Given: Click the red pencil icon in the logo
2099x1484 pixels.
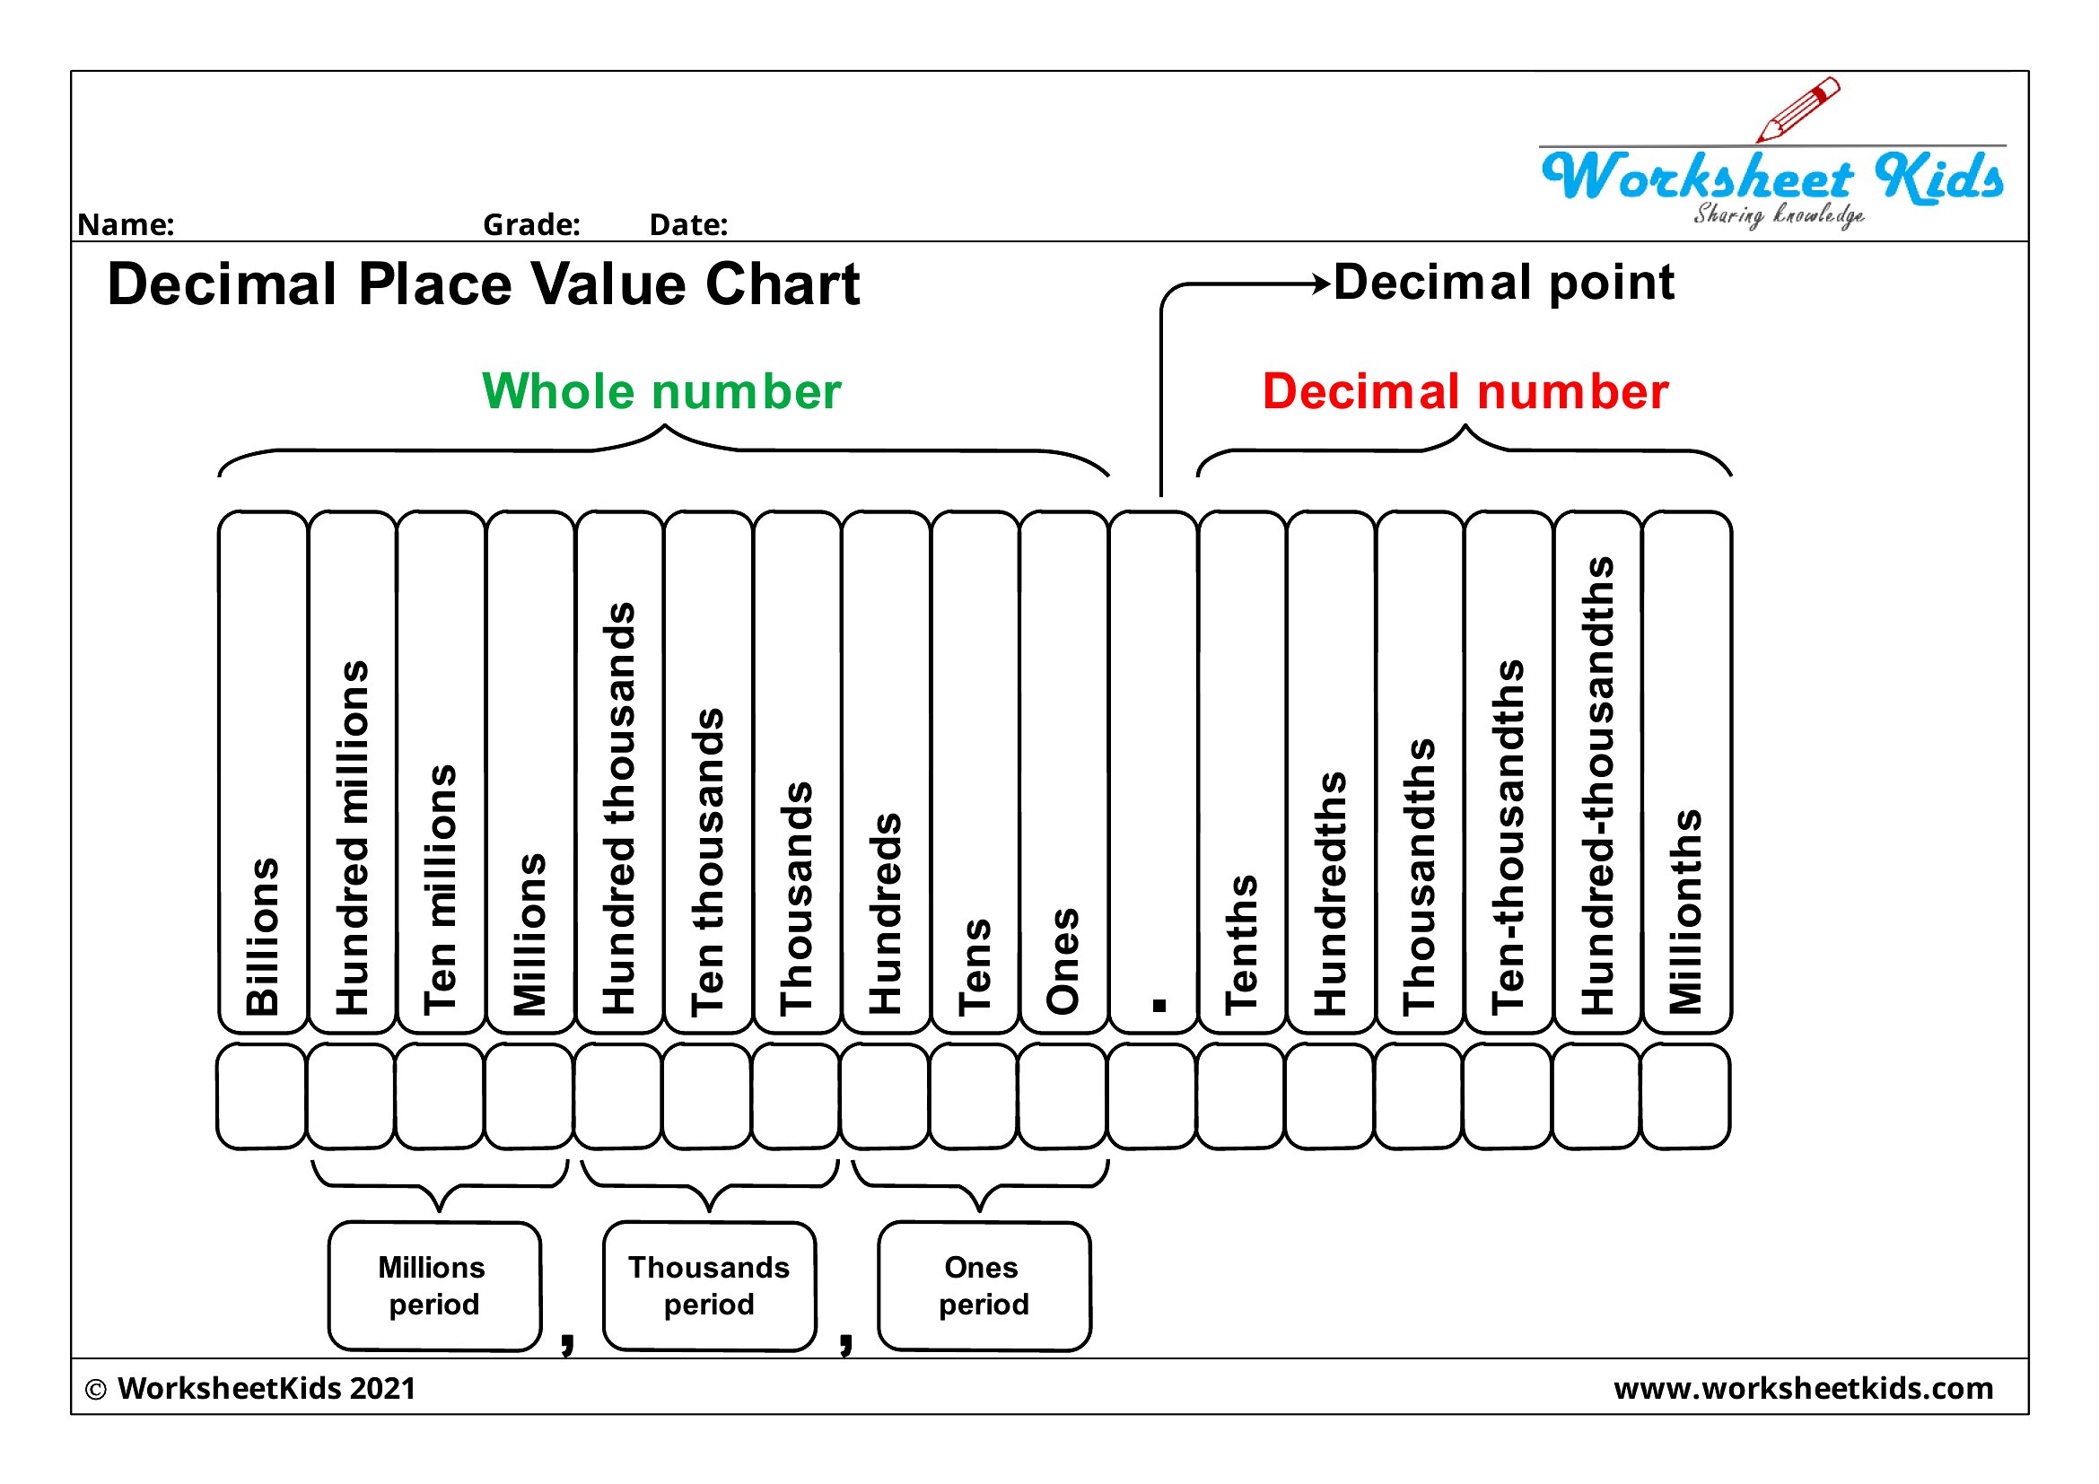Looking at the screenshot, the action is tap(1797, 109).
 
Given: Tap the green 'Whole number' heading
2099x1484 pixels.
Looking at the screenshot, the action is tap(661, 391).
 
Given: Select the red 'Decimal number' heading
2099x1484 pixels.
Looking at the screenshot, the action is tap(1465, 391).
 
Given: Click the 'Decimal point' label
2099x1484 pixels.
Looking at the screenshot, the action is tap(1504, 283).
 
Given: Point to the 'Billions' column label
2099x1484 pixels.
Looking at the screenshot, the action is tap(262, 937).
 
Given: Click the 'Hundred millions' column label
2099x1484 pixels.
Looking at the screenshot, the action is tap(352, 838).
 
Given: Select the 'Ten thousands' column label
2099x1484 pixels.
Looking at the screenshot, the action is tap(707, 861).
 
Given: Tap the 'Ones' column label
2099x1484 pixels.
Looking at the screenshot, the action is tap(1063, 961).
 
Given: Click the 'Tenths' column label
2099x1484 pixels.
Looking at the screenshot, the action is tap(1241, 945).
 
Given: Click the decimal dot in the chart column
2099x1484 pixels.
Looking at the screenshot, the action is tap(1159, 1005).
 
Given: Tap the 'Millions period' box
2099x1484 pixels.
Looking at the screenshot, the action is tap(434, 1286).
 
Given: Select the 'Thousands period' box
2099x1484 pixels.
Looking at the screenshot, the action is tap(710, 1286).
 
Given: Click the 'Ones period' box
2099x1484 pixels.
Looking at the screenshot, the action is tap(984, 1286).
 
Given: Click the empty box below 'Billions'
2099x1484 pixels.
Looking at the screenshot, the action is tap(261, 1096).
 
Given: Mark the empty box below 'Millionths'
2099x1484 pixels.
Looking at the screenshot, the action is tap(1686, 1096).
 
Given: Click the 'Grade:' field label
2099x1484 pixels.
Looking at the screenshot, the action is tap(531, 225).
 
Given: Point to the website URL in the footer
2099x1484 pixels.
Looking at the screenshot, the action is tap(1803, 1389).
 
